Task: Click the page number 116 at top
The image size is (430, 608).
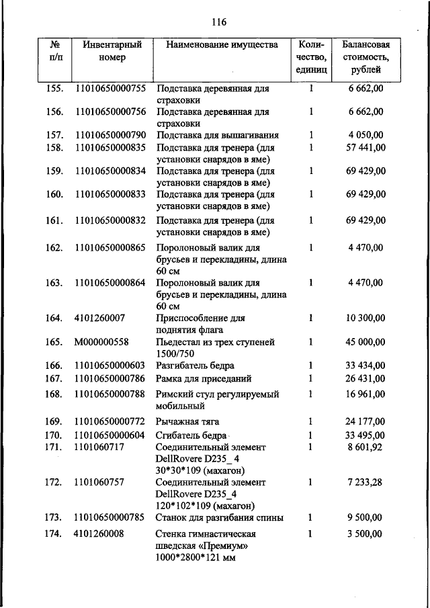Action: [219, 22]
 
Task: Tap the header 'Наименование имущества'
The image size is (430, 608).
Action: [216, 46]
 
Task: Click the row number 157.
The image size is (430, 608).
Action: [54, 136]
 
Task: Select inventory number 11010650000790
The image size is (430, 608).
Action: [110, 136]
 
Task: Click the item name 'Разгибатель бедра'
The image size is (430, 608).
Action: [195, 366]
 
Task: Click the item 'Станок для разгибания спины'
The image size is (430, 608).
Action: [219, 518]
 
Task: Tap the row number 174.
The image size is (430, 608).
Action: [54, 534]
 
